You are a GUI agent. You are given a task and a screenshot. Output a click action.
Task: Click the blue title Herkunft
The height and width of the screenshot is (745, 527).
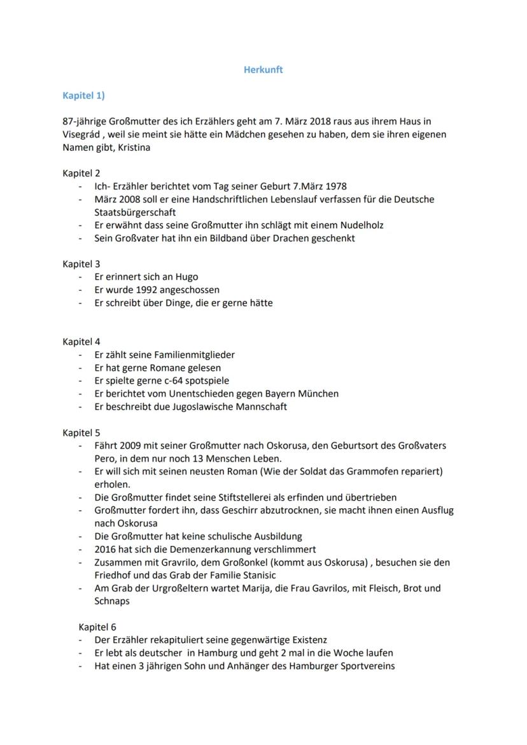tap(263, 70)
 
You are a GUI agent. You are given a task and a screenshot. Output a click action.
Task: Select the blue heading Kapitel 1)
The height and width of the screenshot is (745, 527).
tap(83, 95)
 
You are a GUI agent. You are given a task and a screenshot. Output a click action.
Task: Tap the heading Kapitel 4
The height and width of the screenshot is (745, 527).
tap(81, 342)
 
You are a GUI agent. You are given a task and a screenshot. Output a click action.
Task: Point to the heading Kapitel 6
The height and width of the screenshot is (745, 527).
tap(97, 627)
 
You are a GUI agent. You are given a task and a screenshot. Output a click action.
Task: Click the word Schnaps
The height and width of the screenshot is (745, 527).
tap(111, 601)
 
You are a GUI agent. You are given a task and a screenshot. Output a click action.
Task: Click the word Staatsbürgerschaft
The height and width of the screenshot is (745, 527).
tap(134, 212)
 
